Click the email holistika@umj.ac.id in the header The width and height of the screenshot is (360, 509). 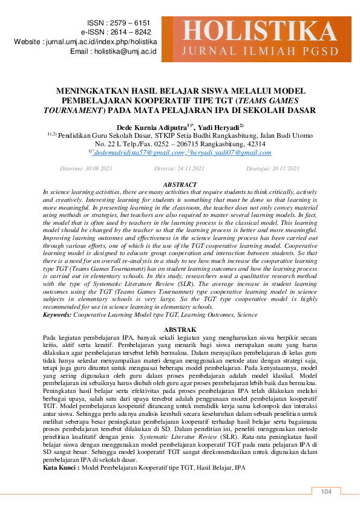pos(125,52)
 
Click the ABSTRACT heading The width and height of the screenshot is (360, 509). pos(180,184)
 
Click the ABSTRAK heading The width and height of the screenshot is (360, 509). pos(180,329)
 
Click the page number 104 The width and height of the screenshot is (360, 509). pos(327,492)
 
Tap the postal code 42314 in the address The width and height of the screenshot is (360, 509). pos(252,144)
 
